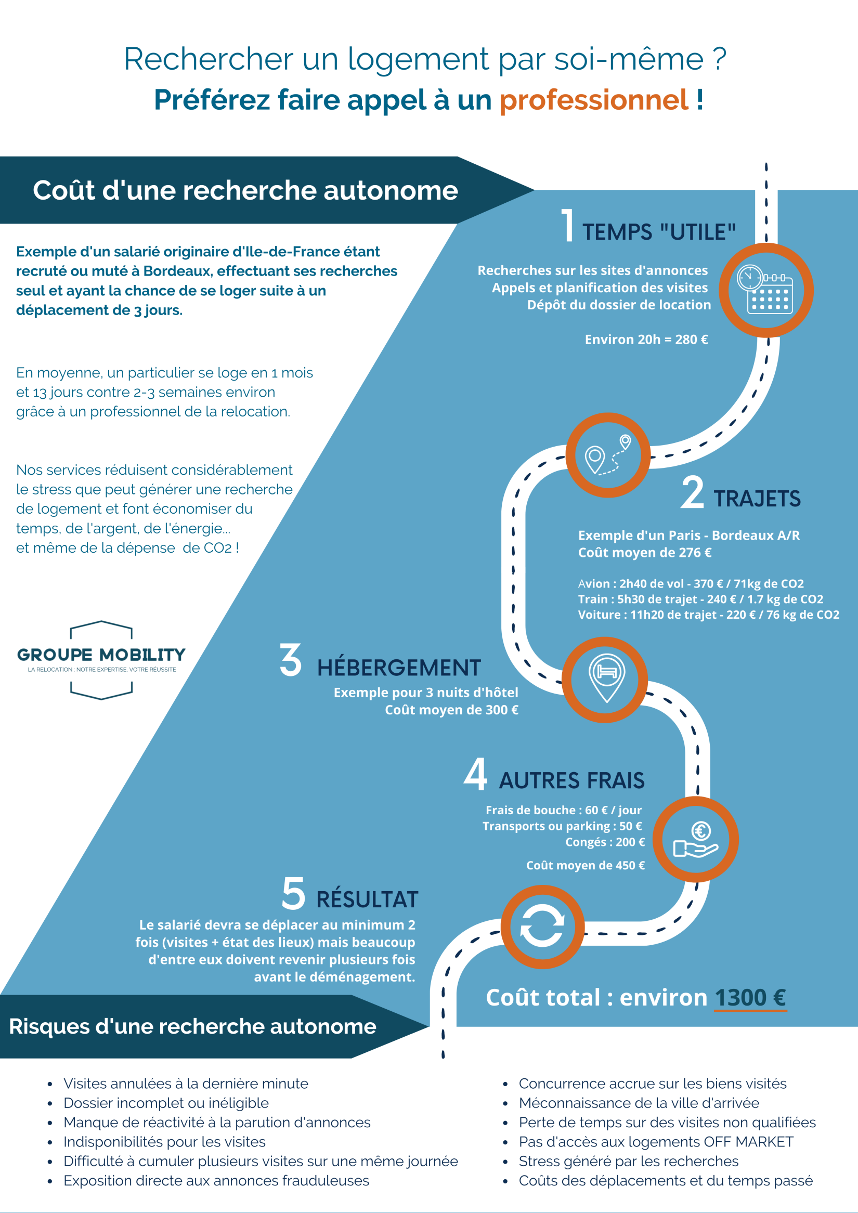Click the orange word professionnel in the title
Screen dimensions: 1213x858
click(594, 100)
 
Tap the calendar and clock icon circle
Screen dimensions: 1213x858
click(766, 290)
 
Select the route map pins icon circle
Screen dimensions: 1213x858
click(607, 455)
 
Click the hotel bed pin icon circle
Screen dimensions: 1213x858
click(605, 680)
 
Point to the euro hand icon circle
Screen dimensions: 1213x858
click(695, 840)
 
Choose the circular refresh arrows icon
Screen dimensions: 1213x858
click(542, 927)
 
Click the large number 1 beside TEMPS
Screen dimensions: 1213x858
click(567, 226)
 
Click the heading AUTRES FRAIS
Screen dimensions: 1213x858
click(571, 781)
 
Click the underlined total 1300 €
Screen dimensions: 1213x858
click(750, 998)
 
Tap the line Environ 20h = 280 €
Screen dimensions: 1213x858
click(646, 340)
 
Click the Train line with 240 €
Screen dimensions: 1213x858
click(700, 599)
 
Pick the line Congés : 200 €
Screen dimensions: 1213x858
click(605, 842)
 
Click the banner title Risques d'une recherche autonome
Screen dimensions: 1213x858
click(193, 1026)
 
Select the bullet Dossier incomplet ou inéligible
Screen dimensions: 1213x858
click(166, 1103)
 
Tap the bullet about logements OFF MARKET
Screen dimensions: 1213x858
click(656, 1142)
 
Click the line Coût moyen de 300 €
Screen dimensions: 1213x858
click(451, 710)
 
